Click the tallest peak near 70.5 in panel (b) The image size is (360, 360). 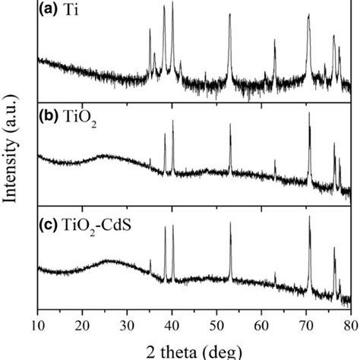pos(309,114)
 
